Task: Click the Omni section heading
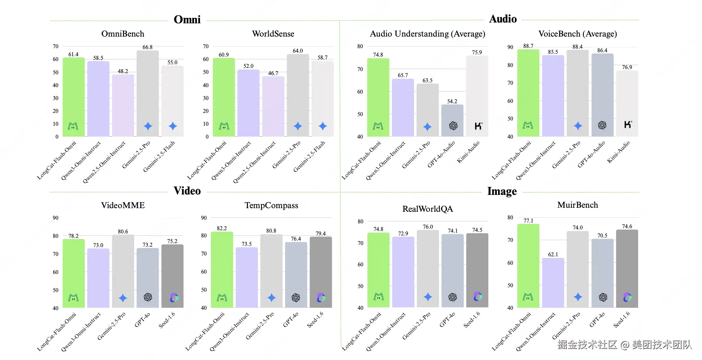(187, 20)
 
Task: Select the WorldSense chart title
(273, 34)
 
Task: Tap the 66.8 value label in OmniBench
(147, 47)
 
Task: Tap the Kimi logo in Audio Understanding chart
(478, 126)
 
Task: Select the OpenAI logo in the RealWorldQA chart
(453, 297)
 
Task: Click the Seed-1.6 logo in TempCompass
(321, 298)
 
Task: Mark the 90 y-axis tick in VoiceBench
(510, 47)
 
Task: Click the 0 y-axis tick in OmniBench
(57, 137)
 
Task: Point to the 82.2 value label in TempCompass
(222, 228)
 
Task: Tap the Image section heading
(502, 191)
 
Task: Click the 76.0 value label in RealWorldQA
(428, 227)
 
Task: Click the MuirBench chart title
(578, 205)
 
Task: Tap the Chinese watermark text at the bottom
(624, 344)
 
